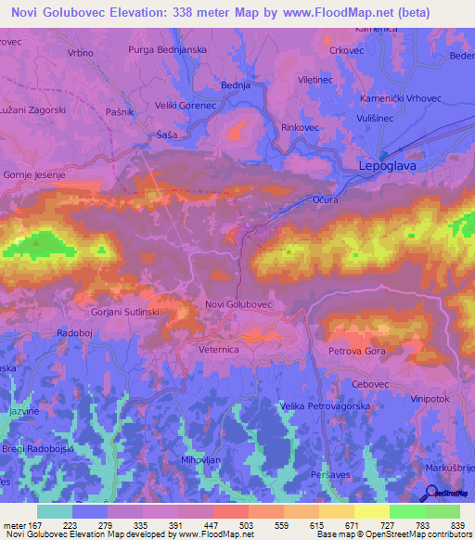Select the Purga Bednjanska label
pos(168,48)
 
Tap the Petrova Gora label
pos(357,352)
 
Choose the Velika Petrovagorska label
pos(327,405)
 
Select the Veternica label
pos(219,350)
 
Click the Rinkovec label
pos(299,127)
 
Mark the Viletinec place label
pos(316,81)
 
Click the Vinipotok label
pos(436,397)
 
